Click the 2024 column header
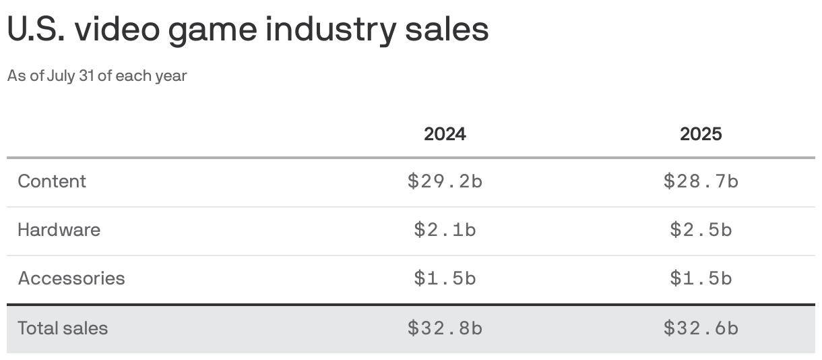[x=445, y=133]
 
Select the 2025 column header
[x=701, y=133]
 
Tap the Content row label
[x=52, y=181]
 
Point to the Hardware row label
[x=59, y=230]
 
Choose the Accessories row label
[x=71, y=278]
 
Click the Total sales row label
[x=63, y=328]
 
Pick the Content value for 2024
[x=445, y=181]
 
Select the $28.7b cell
[x=701, y=181]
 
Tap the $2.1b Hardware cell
[x=445, y=230]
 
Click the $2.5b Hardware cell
[x=701, y=230]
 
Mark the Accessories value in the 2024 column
[x=445, y=278]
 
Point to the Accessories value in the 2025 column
[x=701, y=278]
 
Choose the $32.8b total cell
[x=445, y=328]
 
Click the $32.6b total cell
[x=701, y=328]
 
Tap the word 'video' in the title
[x=117, y=30]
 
